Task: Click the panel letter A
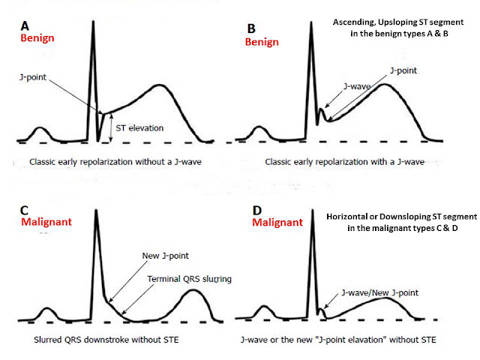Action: point(25,23)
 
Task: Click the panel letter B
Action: point(250,27)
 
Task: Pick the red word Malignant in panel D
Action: point(277,223)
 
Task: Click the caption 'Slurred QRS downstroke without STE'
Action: point(105,339)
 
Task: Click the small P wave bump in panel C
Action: point(46,309)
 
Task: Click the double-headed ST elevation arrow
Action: point(111,127)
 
